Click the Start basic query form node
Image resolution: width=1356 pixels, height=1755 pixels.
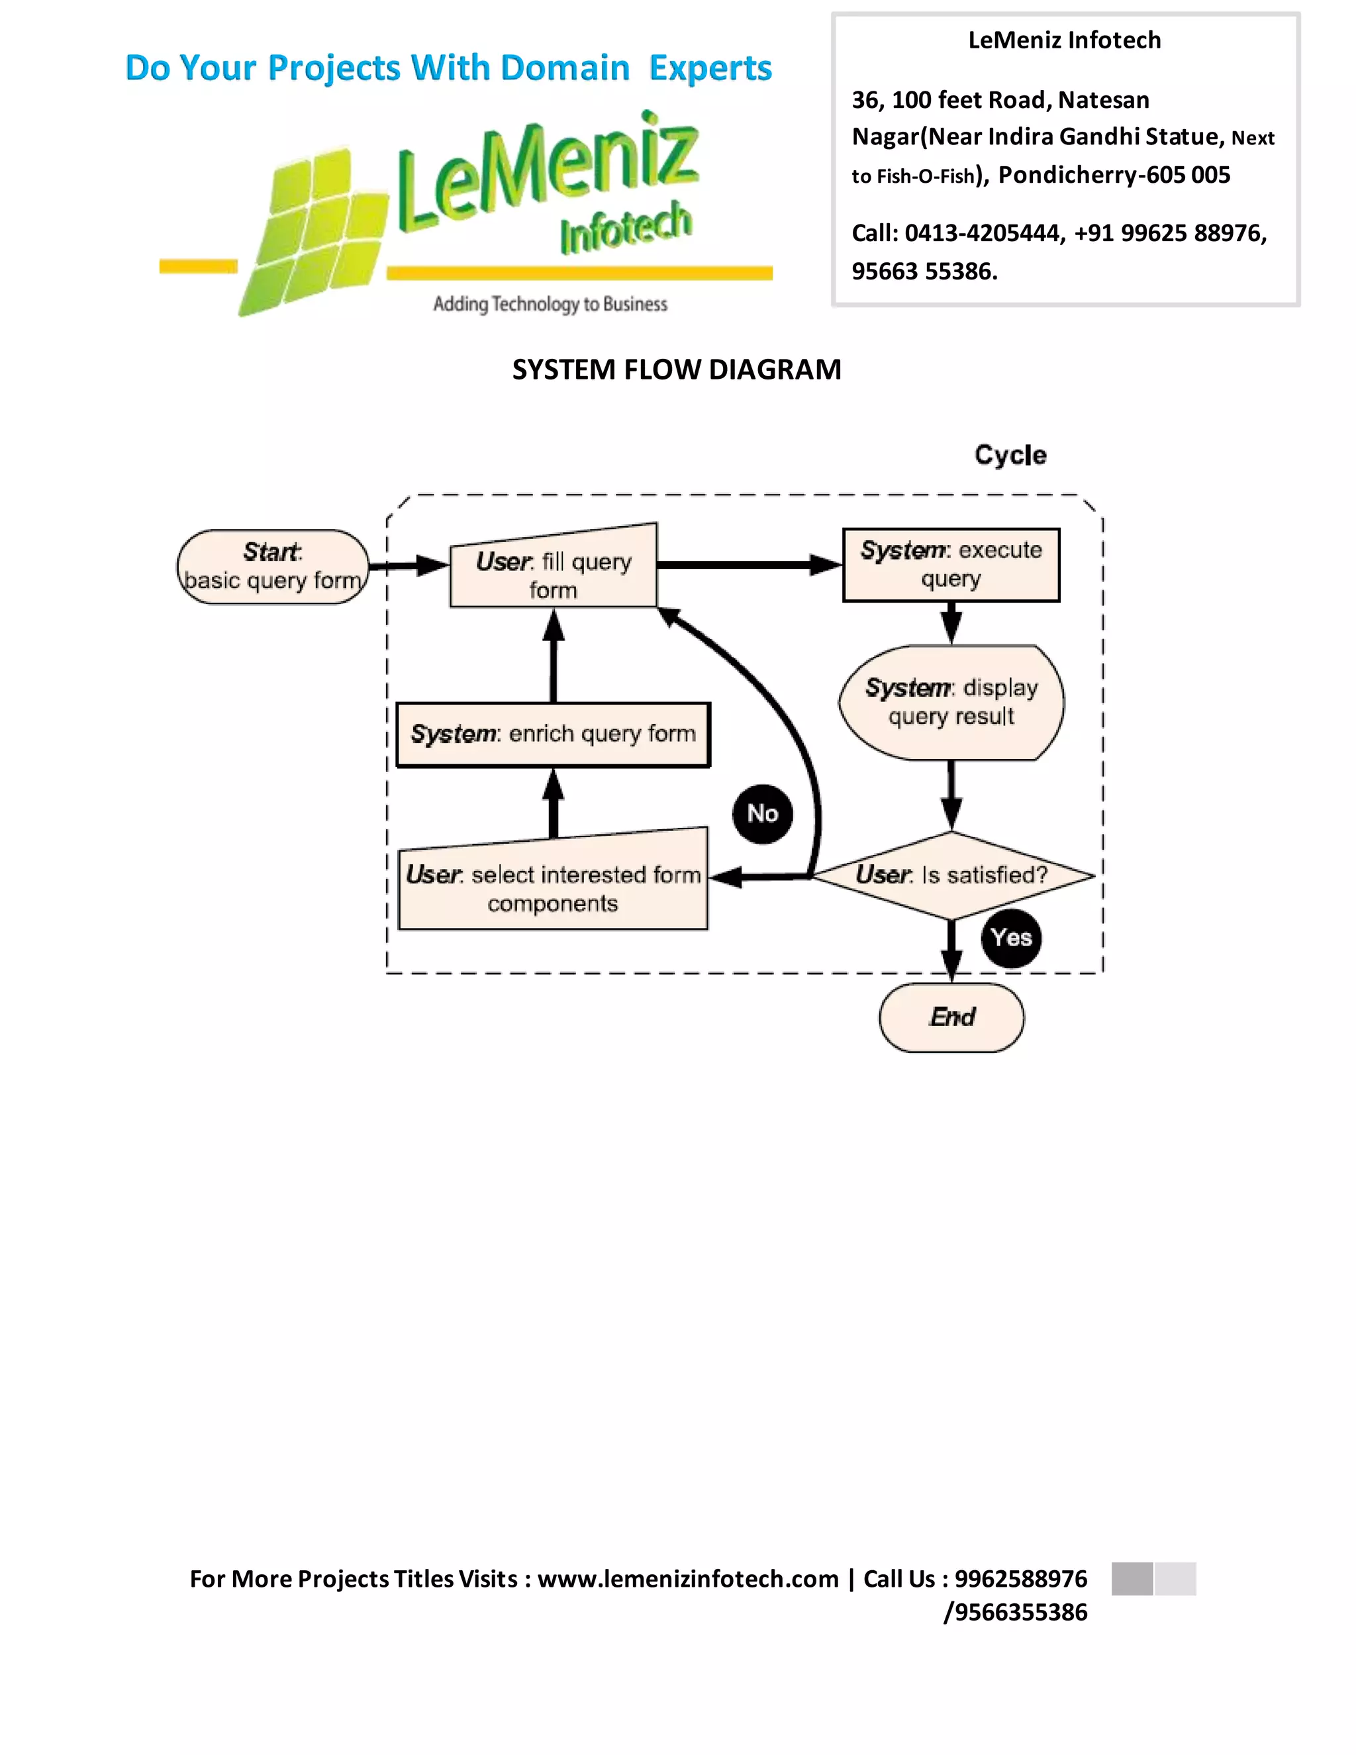tap(272, 566)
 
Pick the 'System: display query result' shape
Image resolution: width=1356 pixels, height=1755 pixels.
tap(951, 702)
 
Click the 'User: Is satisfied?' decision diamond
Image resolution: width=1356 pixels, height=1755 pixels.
tap(952, 875)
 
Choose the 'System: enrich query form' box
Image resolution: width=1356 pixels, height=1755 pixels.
tap(553, 734)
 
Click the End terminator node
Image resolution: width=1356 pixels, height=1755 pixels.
tap(951, 1017)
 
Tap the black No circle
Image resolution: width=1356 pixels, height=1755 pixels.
tap(762, 814)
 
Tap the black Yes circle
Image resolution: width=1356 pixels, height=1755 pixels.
tap(1010, 938)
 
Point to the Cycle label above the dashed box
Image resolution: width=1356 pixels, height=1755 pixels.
tap(1010, 455)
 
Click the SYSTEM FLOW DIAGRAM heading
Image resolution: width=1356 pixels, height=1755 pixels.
tap(677, 370)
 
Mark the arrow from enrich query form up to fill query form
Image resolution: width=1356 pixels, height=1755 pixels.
tap(553, 656)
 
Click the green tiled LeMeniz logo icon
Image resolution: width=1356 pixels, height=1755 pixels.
tap(313, 232)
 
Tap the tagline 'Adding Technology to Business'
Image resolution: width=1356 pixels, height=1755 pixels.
tap(550, 304)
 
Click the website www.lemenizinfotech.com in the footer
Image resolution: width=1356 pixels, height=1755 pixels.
tap(688, 1578)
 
